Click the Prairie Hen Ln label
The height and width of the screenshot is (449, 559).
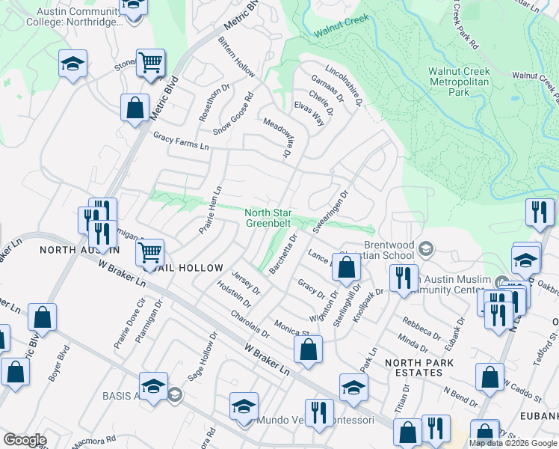tap(211, 210)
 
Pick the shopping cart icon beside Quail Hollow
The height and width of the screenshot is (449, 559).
tap(150, 252)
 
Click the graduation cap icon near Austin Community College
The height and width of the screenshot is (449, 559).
tap(72, 64)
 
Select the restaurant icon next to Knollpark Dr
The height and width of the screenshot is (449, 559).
tap(403, 278)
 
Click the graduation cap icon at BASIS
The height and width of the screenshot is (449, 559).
tap(153, 386)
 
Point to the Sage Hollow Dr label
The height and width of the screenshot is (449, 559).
tap(197, 361)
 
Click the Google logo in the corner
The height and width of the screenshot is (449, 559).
tap(25, 440)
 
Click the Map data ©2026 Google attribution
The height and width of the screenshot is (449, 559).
tap(513, 443)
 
